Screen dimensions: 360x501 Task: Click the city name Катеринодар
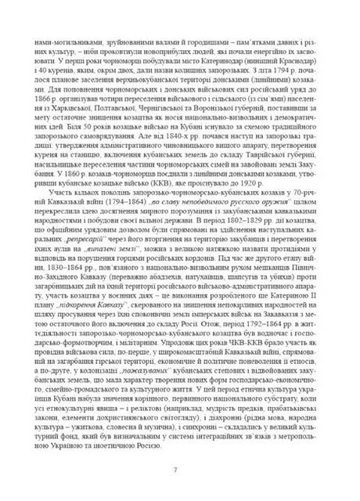[221, 81]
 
